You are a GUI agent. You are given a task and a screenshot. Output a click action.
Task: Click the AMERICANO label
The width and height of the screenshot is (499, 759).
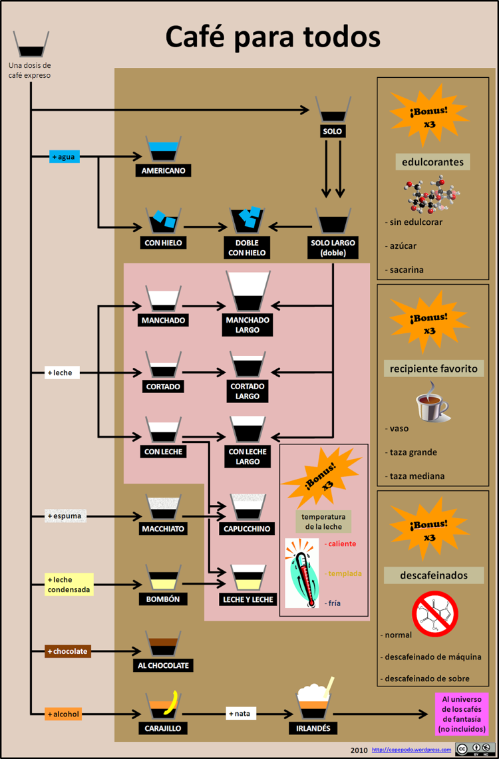click(x=163, y=171)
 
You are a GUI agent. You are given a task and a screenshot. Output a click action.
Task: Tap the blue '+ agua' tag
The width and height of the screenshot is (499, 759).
click(x=64, y=157)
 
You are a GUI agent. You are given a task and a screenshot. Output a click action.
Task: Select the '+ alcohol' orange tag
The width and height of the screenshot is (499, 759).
click(x=63, y=714)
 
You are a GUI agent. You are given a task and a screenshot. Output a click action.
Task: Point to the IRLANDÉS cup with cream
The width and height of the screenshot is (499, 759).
click(x=313, y=702)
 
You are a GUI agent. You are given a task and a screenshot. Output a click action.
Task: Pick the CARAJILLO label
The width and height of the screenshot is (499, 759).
click(x=163, y=728)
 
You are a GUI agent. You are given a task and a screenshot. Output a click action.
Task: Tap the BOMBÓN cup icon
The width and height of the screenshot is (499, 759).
click(x=163, y=578)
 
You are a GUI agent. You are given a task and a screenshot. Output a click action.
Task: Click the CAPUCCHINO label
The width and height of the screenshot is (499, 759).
click(x=247, y=530)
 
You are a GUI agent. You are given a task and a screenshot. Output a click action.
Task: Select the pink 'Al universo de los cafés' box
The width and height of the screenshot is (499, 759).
click(x=461, y=714)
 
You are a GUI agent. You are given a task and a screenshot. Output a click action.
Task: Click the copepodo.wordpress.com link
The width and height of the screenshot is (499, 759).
click(x=411, y=750)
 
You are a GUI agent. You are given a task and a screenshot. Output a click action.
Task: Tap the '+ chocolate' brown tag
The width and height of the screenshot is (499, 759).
click(x=68, y=651)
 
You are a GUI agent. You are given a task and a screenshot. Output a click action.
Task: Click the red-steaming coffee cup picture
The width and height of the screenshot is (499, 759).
click(x=433, y=403)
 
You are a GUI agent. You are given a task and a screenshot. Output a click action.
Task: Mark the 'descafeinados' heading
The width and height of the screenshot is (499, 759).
click(x=434, y=575)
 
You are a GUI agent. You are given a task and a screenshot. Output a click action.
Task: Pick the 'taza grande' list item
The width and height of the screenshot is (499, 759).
click(x=413, y=452)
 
